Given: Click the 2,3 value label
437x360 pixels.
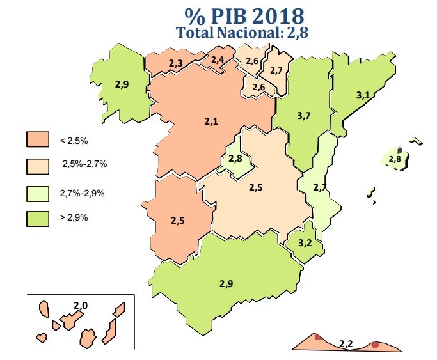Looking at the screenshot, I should coord(176,63).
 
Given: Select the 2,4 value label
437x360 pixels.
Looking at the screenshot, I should coord(218,60).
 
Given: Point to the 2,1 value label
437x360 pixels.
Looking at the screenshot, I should coord(212,121).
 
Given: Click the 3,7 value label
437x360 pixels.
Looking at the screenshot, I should coord(304,116).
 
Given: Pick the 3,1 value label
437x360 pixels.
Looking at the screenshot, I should coord(363,95).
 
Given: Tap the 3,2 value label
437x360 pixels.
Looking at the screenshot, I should coord(305,242).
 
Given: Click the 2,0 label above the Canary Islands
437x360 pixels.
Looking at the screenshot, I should coord(81,306).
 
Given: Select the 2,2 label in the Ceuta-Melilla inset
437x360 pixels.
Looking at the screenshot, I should coord(346,344).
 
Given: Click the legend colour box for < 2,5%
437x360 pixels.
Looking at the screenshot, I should coord(38,139).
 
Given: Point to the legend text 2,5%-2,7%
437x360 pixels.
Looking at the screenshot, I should coord(84,164).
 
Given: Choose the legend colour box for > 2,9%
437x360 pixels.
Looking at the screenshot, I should coord(38,217).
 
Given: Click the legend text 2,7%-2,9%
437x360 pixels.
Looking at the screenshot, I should coord(83,191).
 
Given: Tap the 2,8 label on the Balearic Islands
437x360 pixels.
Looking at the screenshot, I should coord(395,159).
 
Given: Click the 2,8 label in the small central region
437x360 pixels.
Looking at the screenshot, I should coord(235,159).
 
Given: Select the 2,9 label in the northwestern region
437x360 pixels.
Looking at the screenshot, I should coord(122,84).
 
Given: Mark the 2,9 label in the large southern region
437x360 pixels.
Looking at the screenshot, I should coord(226,283).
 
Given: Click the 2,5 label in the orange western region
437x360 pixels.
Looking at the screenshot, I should coord(177,221).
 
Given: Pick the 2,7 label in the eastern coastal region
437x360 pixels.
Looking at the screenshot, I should coord(320,187).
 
